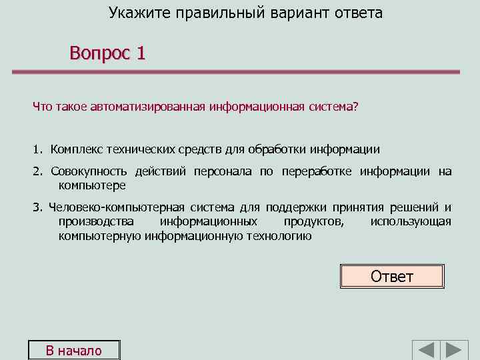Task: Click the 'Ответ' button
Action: pos(392,276)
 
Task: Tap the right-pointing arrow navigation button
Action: pos(456,351)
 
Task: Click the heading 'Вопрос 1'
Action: pos(107,53)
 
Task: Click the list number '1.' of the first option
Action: pos(38,149)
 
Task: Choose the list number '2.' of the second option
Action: pos(38,172)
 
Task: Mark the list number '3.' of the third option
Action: pos(38,207)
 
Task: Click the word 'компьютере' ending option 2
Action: pos(92,185)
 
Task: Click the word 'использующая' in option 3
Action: pos(411,221)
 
